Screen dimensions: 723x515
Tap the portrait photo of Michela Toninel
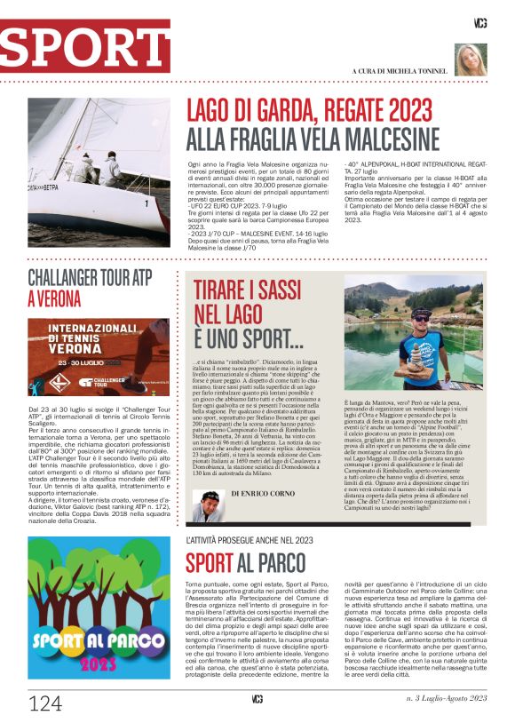click(471, 59)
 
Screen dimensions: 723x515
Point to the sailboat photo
click(98, 172)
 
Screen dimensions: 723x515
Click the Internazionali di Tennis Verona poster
click(98, 356)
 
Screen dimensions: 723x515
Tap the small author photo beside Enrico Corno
click(208, 507)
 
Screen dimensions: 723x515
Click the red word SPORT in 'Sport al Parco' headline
click(210, 562)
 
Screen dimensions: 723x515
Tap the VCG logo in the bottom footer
click(257, 699)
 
